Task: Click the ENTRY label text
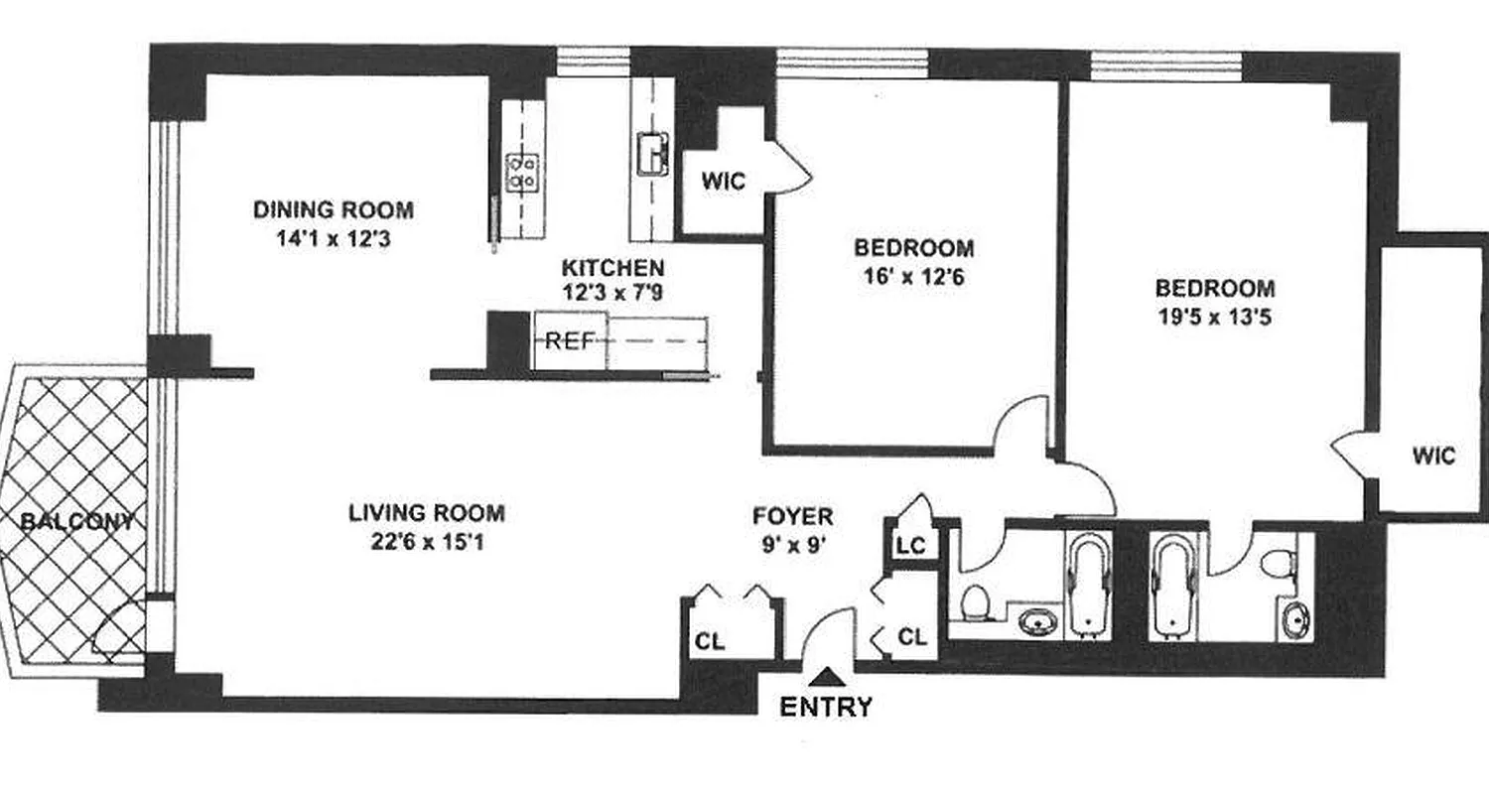(826, 707)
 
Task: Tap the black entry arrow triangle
(826, 678)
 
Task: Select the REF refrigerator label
(569, 341)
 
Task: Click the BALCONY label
(77, 521)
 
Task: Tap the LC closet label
(911, 546)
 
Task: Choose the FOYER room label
(792, 516)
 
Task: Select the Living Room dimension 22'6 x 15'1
(427, 542)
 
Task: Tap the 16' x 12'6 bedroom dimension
(913, 276)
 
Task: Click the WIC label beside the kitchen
(723, 182)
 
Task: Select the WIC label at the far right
(1433, 456)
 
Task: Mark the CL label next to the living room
(710, 642)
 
